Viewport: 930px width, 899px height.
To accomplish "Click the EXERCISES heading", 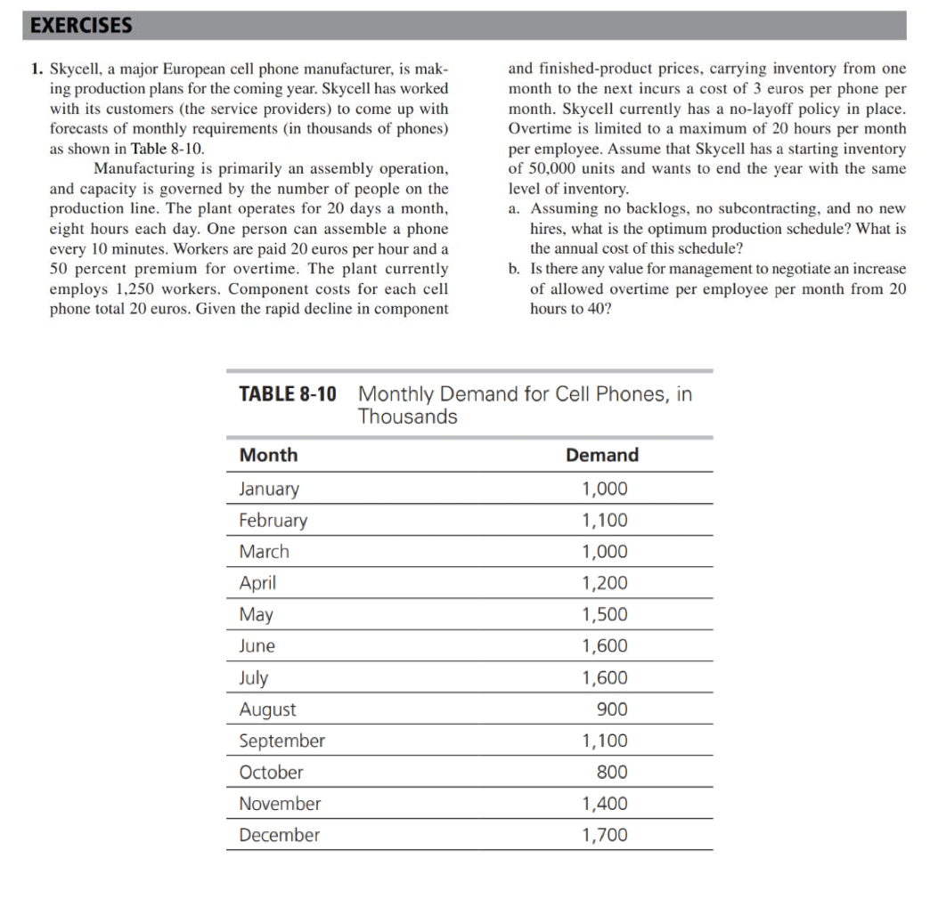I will click(x=81, y=25).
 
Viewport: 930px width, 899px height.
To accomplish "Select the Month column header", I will click(x=268, y=455).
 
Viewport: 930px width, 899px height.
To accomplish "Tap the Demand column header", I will click(x=602, y=455).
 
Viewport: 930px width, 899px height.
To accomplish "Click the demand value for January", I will click(x=604, y=489).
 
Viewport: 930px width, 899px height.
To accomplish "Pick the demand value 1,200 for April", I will click(x=604, y=583).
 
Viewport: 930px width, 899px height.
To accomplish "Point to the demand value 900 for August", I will click(x=611, y=709).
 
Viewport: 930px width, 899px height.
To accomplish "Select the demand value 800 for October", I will click(x=611, y=772).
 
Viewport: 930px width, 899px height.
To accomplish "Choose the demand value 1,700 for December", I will click(x=604, y=835).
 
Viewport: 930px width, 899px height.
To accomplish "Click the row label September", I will click(x=281, y=741).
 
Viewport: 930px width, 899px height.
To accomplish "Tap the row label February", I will click(x=273, y=520).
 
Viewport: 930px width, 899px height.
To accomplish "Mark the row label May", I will click(x=256, y=614).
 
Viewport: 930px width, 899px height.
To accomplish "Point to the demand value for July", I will click(x=604, y=677).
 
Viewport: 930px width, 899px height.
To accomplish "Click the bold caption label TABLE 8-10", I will click(x=288, y=393).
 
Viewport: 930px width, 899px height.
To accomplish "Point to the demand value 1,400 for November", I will click(x=604, y=804).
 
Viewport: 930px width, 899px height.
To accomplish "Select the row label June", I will click(x=257, y=646).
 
